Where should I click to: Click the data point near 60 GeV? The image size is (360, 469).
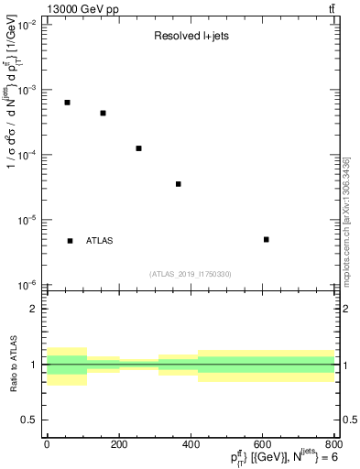[x=68, y=103]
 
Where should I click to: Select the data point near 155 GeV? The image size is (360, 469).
[x=103, y=114]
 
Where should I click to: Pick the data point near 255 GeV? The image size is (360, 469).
[x=138, y=148]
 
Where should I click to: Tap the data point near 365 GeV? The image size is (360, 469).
[x=179, y=184]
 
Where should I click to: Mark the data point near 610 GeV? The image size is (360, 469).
[x=266, y=240]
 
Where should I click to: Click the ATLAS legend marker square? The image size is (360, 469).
[x=71, y=241]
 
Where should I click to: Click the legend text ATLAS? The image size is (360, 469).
[x=100, y=241]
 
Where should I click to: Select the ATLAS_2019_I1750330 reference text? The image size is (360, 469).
[x=190, y=274]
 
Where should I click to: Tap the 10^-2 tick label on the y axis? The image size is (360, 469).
[x=25, y=25]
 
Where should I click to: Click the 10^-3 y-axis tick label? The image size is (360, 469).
[x=25, y=90]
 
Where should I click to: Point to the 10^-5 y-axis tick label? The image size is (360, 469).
[x=25, y=220]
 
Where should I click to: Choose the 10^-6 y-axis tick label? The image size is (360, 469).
[x=25, y=285]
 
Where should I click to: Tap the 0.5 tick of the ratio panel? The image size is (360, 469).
[x=28, y=420]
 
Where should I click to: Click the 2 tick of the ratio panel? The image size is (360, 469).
[x=34, y=310]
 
